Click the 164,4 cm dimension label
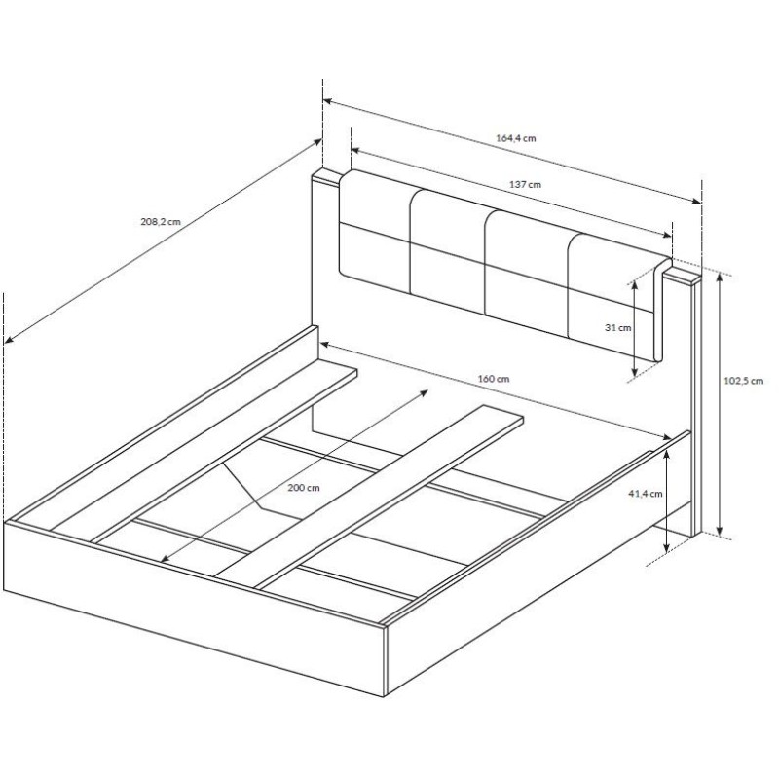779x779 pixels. pyautogui.click(x=516, y=138)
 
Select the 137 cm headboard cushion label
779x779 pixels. pyautogui.click(x=525, y=185)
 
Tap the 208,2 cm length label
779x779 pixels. pyautogui.click(x=161, y=222)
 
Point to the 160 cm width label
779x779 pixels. pyautogui.click(x=494, y=379)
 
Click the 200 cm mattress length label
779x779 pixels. pyautogui.click(x=304, y=488)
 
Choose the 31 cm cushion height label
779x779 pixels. pyautogui.click(x=618, y=328)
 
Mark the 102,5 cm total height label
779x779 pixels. pyautogui.click(x=743, y=381)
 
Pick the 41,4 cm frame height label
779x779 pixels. pyautogui.click(x=646, y=494)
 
